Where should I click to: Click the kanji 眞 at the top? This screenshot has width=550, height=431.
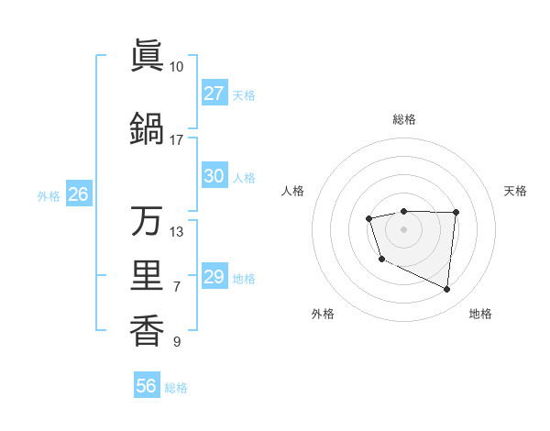click(x=147, y=57)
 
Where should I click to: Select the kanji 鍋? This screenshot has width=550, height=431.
click(x=147, y=130)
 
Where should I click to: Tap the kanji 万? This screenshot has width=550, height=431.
click(x=147, y=222)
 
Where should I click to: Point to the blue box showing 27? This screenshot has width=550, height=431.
click(x=214, y=94)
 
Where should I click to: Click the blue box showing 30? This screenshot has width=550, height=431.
click(x=214, y=177)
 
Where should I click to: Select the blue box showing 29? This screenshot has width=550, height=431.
click(x=214, y=277)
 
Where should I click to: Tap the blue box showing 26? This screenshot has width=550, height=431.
click(x=78, y=194)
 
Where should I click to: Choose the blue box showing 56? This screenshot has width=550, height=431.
click(x=146, y=386)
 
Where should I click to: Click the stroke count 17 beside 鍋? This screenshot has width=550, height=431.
click(x=176, y=140)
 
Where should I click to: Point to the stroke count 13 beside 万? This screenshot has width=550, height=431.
click(x=176, y=231)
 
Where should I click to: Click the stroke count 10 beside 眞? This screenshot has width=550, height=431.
click(x=176, y=67)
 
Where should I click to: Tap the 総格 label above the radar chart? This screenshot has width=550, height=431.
click(x=403, y=119)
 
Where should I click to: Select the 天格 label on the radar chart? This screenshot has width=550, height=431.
click(x=515, y=191)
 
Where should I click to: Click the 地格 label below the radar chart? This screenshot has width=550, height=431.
click(x=480, y=314)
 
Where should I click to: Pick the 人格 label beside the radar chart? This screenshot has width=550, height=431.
click(x=293, y=191)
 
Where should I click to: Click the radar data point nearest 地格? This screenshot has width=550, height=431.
click(x=447, y=290)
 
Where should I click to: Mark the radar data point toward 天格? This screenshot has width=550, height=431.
click(x=456, y=213)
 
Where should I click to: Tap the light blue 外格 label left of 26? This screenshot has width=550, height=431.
click(x=48, y=195)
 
